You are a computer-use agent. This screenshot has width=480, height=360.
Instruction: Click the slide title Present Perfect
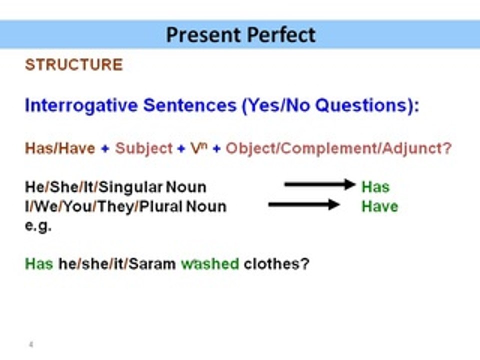pyautogui.click(x=241, y=35)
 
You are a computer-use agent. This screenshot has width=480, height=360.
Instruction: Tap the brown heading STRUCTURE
pyautogui.click(x=74, y=65)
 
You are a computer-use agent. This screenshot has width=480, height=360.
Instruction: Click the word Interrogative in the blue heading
pyautogui.click(x=81, y=105)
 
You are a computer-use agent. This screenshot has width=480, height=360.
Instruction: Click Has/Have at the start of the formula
pyautogui.click(x=60, y=149)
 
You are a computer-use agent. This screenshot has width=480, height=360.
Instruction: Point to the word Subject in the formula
pyautogui.click(x=144, y=149)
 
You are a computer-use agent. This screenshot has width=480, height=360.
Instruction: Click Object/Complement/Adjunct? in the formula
pyautogui.click(x=338, y=149)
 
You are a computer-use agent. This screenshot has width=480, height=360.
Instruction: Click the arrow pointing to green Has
pyautogui.click(x=319, y=185)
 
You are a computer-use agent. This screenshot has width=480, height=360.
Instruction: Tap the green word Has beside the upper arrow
pyautogui.click(x=375, y=187)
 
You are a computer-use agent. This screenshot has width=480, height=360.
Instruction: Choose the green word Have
pyautogui.click(x=380, y=206)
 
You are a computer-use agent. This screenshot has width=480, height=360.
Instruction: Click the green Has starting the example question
pyautogui.click(x=39, y=264)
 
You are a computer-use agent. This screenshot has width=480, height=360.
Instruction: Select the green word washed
pyautogui.click(x=210, y=264)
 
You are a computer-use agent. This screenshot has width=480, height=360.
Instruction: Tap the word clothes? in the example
pyautogui.click(x=277, y=264)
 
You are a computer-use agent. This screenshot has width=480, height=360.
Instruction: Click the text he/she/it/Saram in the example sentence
pyautogui.click(x=117, y=264)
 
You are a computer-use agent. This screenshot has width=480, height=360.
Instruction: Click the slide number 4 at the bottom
pyautogui.click(x=31, y=344)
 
